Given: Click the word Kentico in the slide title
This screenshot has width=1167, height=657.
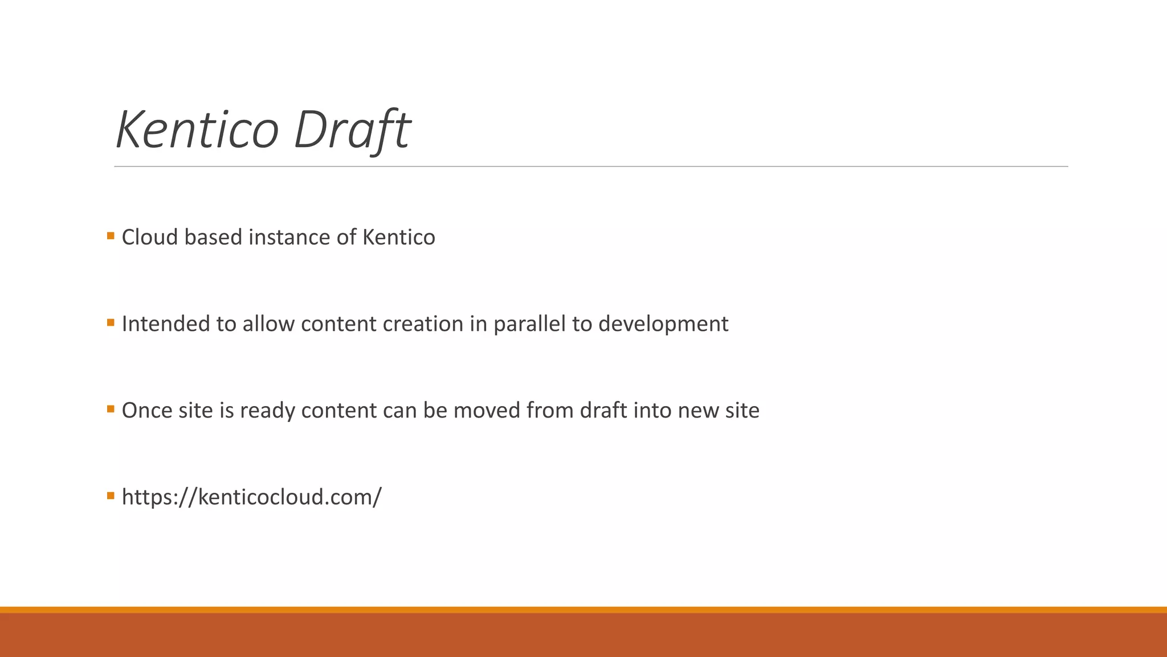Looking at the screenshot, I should [197, 129].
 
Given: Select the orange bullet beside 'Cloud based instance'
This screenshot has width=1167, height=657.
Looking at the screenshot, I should [111, 236].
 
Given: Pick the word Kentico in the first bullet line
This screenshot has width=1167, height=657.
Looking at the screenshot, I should [398, 237].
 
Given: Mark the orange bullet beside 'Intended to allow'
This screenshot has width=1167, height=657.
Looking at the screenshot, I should [111, 322].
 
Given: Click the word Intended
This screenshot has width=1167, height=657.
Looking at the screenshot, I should [166, 324].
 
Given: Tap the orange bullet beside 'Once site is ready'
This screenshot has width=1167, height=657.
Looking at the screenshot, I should [111, 409].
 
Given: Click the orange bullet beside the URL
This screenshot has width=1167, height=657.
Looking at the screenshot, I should [111, 496].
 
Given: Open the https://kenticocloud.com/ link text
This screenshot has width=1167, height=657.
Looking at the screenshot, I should [251, 497].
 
